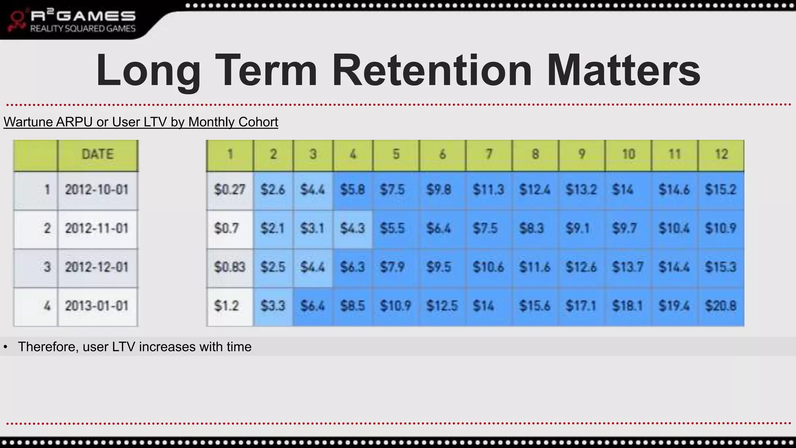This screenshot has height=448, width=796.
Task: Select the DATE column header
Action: [98, 154]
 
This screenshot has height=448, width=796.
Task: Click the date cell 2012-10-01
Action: [97, 190]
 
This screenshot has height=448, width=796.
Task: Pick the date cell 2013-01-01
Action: [97, 306]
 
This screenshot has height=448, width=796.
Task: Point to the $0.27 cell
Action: [229, 190]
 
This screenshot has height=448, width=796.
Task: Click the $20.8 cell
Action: [721, 306]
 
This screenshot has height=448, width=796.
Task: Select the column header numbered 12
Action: [721, 154]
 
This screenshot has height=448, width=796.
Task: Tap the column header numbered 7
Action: [489, 154]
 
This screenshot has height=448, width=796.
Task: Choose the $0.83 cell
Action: [229, 267]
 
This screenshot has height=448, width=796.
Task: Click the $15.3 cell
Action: [721, 267]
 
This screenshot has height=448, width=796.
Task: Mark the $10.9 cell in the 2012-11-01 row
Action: [721, 228]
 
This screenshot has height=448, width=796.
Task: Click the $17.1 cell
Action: [581, 306]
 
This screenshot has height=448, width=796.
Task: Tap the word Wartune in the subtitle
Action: [28, 122]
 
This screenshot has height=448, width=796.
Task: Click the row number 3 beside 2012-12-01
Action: [47, 267]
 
